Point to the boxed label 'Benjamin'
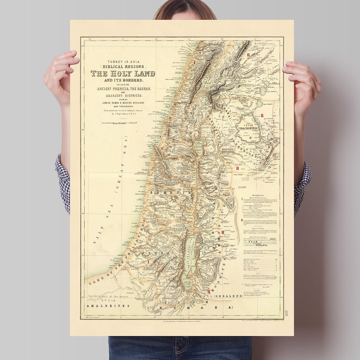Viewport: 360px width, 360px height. click(179, 229)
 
